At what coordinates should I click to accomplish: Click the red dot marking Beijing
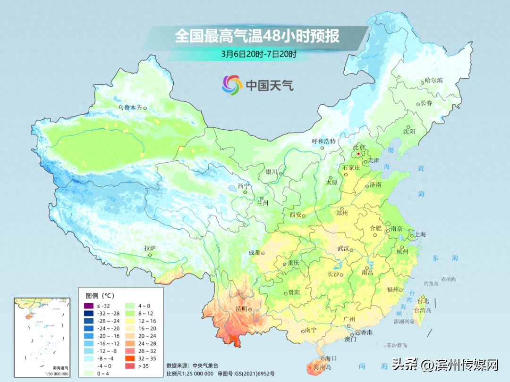coord(358,154)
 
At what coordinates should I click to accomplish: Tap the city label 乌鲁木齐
coord(130,108)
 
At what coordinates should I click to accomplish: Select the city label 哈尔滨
coord(434,81)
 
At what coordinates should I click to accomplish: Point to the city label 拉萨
coord(150,248)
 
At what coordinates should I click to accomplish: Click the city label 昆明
coord(241,308)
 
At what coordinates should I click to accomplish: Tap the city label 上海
coord(420,235)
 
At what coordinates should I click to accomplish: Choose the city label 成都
coord(255,253)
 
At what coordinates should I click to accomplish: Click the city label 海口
coord(331,359)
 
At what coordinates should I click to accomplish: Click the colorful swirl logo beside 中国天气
coord(232,84)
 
